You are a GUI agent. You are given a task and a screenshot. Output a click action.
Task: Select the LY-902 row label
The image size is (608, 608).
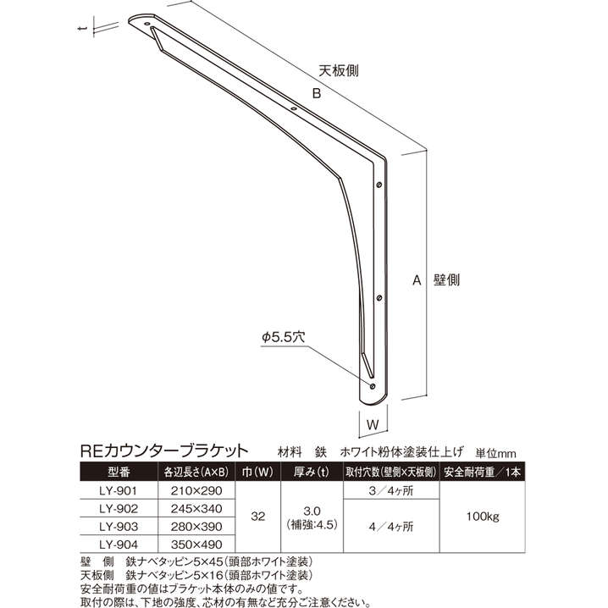(118, 507)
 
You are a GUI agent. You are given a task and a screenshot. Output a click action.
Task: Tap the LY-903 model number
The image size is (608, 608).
(118, 526)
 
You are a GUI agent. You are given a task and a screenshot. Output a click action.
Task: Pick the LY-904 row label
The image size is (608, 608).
(118, 544)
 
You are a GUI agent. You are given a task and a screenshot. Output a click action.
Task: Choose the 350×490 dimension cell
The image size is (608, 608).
(196, 544)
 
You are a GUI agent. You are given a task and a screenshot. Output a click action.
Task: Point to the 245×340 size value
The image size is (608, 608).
(196, 507)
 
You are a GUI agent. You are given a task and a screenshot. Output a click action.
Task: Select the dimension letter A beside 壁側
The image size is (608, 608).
(417, 279)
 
